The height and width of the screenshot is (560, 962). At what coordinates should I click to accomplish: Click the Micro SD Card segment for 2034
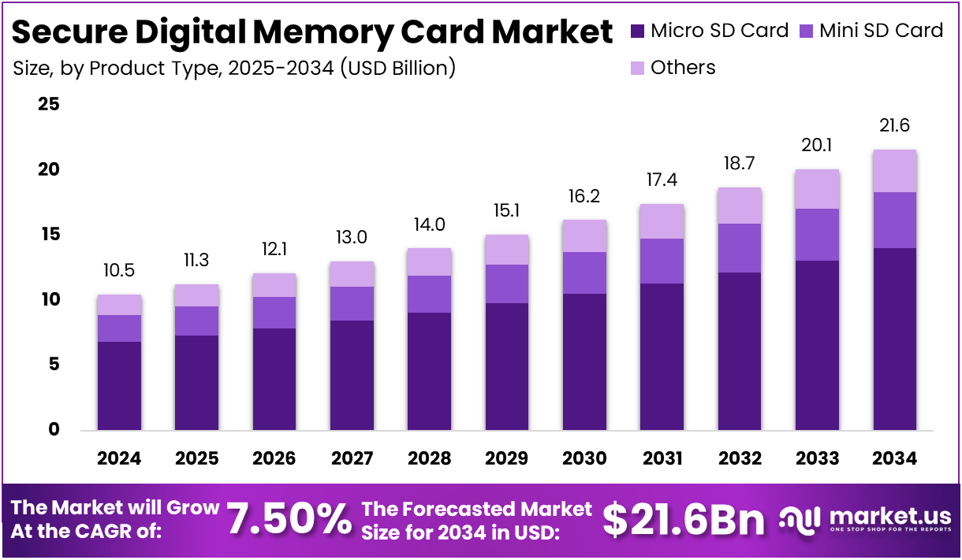[895, 339]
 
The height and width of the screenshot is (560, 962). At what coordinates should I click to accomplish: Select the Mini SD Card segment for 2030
[584, 273]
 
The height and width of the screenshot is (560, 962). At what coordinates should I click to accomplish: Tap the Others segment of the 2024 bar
[119, 305]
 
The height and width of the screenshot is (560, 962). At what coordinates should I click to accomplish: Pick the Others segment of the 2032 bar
[740, 206]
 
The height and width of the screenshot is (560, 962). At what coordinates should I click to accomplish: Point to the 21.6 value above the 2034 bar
[895, 126]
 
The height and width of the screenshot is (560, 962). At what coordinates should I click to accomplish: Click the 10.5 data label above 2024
[119, 271]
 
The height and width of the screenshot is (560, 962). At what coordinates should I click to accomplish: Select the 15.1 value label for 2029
[507, 211]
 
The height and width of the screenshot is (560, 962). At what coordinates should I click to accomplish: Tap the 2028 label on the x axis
[429, 458]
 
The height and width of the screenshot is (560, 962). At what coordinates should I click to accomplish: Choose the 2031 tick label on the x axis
[662, 458]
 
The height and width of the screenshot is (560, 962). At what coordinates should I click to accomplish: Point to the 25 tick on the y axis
[49, 104]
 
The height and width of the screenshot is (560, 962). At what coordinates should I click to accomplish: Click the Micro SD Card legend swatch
[638, 32]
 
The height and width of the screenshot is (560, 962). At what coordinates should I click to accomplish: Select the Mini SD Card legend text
[881, 31]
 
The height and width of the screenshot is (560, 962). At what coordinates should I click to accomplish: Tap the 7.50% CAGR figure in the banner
[289, 520]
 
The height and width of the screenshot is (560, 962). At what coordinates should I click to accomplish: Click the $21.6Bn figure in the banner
[684, 520]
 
